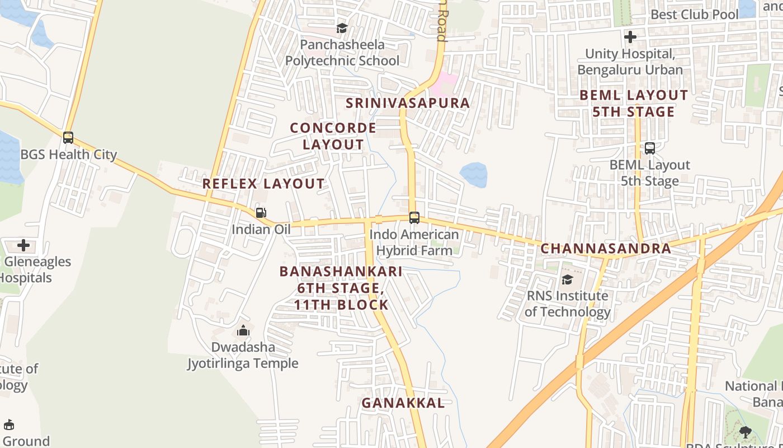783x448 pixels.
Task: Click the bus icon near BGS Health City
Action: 68,137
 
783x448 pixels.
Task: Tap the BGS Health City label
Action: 69,155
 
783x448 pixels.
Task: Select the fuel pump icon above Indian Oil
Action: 261,213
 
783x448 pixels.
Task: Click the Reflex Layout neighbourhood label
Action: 263,184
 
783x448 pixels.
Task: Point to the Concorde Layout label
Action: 333,136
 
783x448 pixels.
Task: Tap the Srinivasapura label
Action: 408,103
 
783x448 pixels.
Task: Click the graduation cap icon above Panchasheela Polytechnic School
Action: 342,28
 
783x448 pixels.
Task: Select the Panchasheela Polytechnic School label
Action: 342,53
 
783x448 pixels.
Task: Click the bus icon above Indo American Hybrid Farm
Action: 414,217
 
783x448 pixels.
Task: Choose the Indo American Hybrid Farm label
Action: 414,242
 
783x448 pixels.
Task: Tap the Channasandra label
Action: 606,249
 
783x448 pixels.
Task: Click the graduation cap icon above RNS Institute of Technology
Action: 567,279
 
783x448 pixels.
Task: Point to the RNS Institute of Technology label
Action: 567,304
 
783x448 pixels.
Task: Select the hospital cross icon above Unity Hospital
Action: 630,37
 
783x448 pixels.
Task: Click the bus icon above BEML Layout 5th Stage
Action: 650,148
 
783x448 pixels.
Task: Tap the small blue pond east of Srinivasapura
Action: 474,175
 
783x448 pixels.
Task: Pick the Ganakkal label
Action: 403,403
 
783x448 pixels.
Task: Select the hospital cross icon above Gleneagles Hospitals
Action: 23,245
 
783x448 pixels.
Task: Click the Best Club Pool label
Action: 695,15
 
